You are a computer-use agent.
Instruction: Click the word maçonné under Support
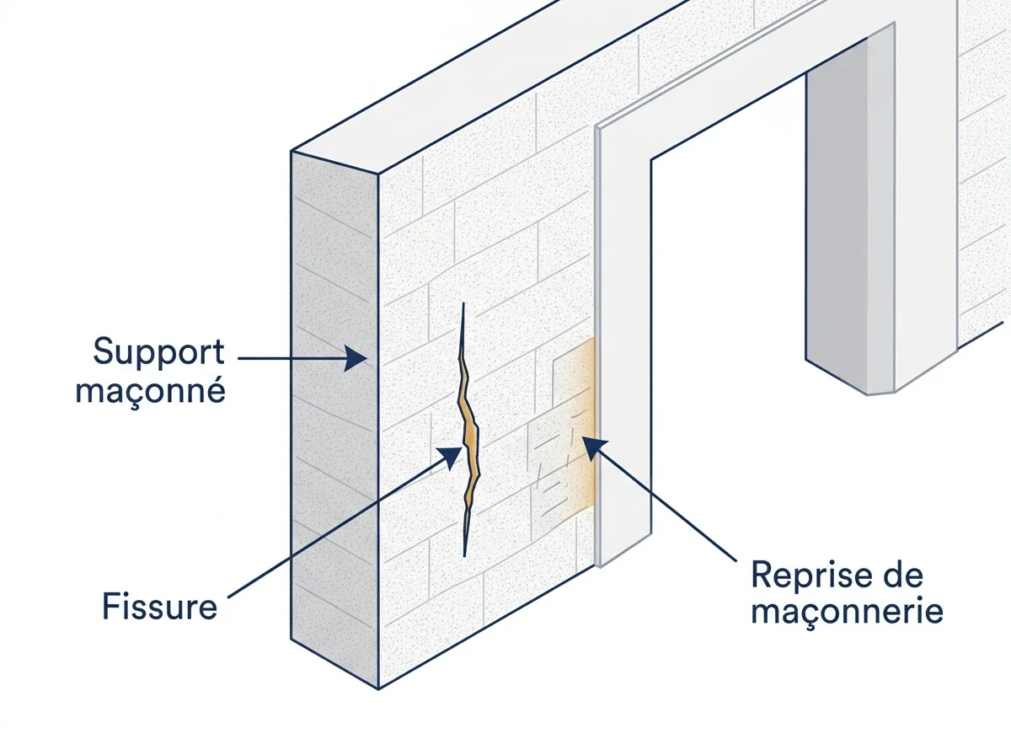pyautogui.click(x=151, y=391)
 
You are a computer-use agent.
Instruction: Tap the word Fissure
pyautogui.click(x=159, y=607)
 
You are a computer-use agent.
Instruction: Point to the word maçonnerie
pyautogui.click(x=847, y=612)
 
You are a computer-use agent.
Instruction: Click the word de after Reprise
pyautogui.click(x=902, y=575)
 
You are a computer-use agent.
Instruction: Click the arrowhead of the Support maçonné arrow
pyautogui.click(x=356, y=358)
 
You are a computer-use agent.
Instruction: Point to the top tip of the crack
pyautogui.click(x=463, y=303)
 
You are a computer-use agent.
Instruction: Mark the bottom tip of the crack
pyautogui.click(x=464, y=556)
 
